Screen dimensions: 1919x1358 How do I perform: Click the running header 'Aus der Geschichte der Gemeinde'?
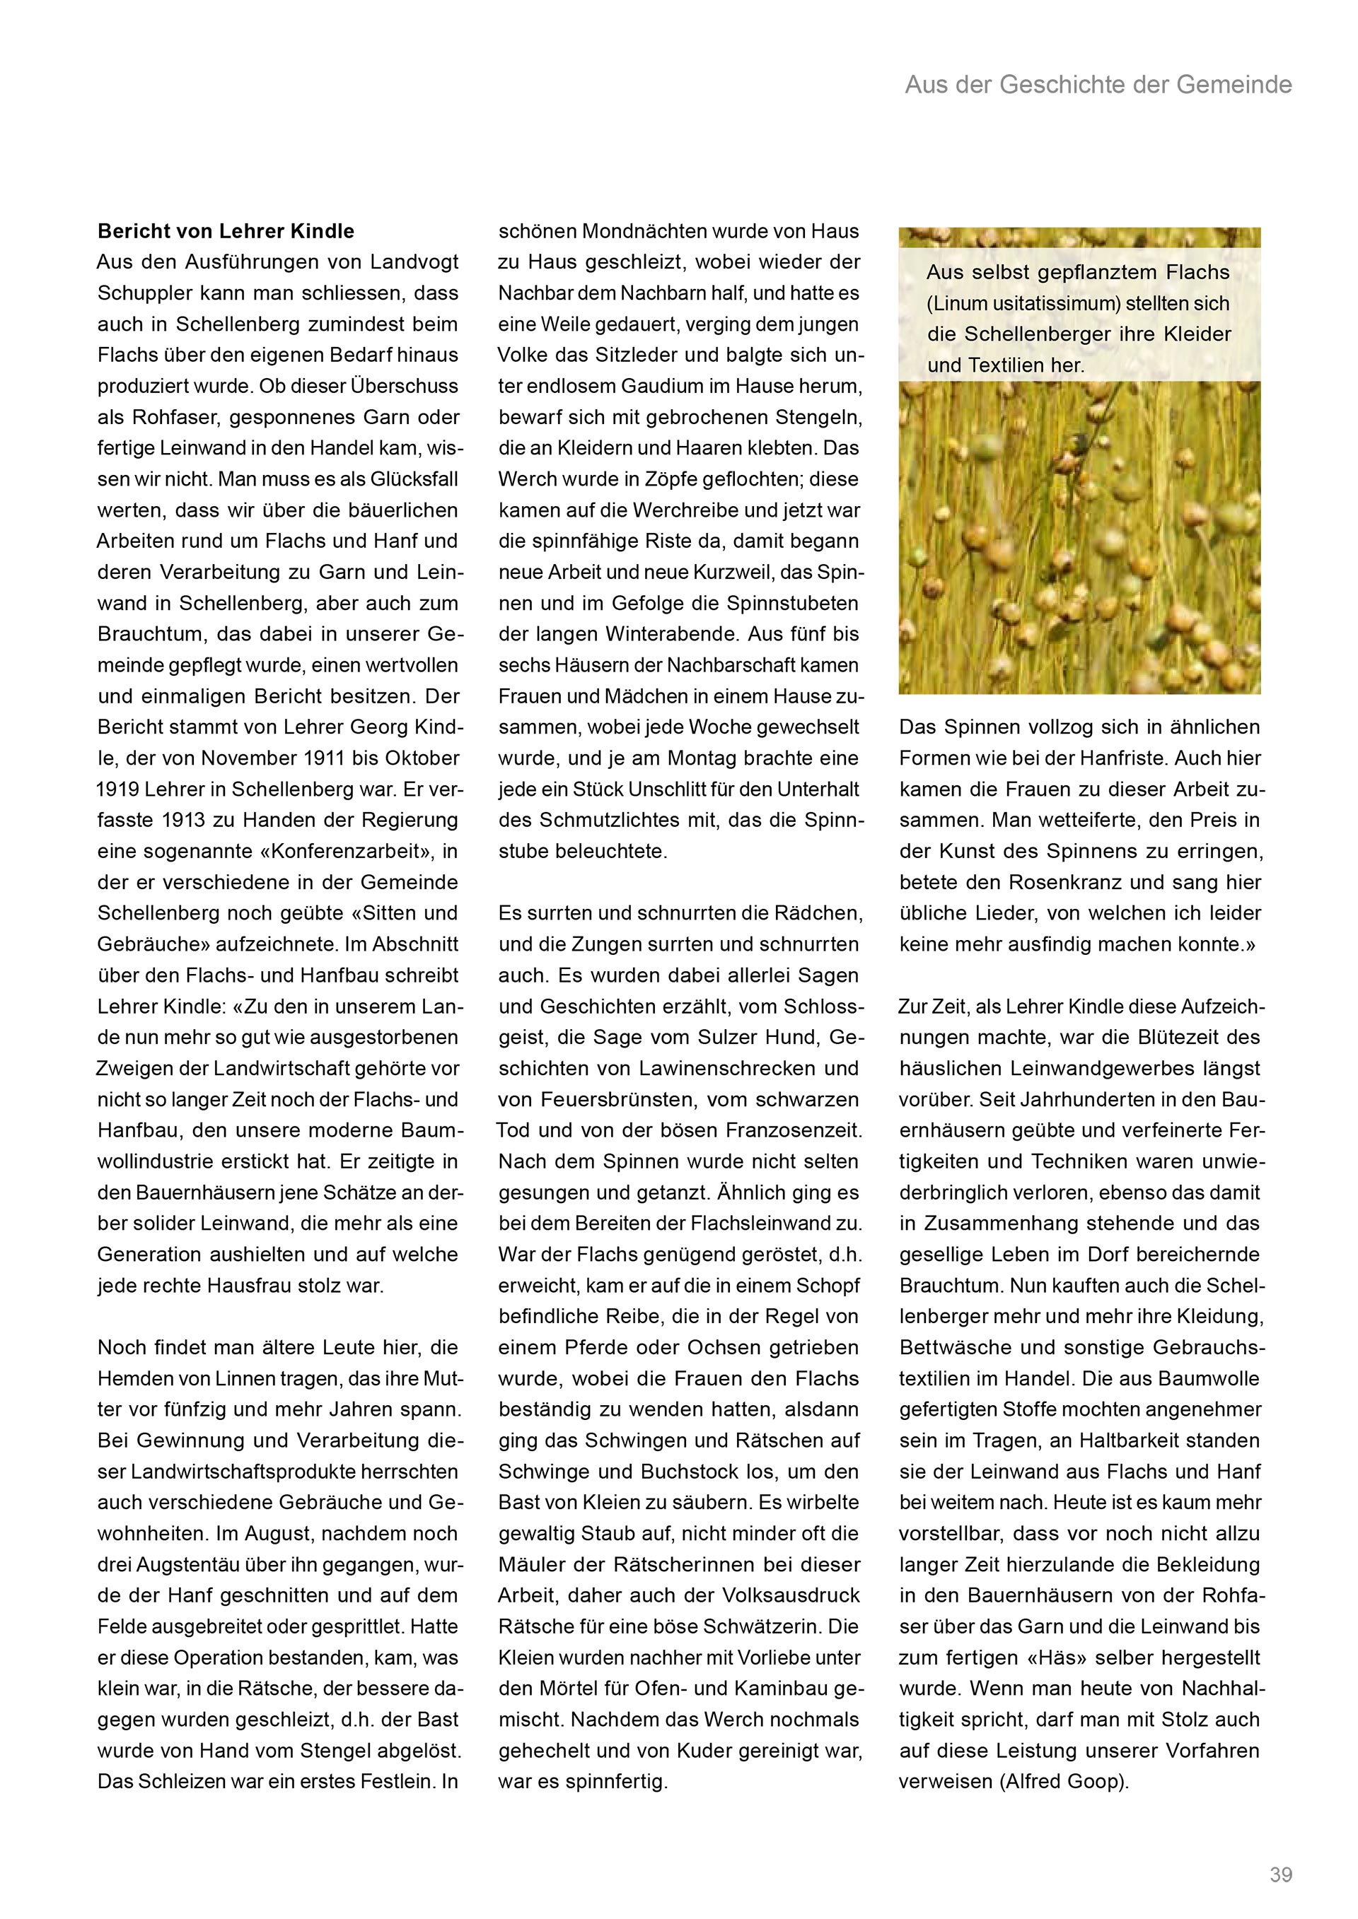tap(1098, 84)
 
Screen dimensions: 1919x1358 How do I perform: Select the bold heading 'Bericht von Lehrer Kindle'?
tap(226, 232)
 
